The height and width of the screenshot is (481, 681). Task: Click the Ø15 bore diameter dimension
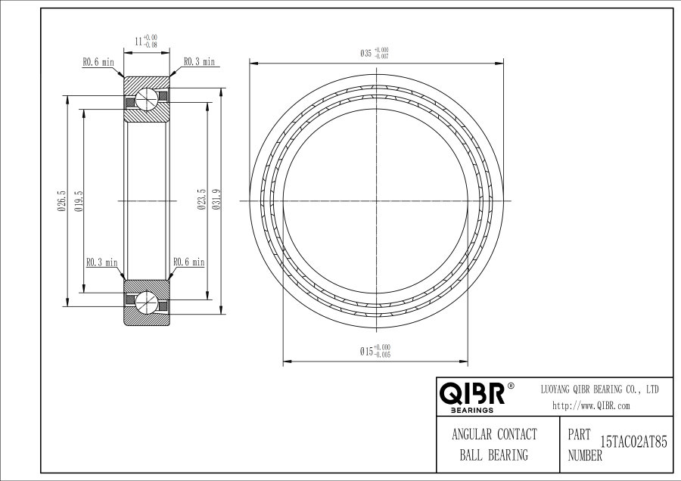click(x=375, y=351)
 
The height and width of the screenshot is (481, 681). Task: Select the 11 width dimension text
click(x=146, y=42)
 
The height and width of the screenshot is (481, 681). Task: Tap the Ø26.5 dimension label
click(x=61, y=200)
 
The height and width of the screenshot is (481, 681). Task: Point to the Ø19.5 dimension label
click(x=79, y=200)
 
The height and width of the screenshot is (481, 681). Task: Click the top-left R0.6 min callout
click(x=98, y=62)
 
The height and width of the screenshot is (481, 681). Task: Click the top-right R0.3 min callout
click(x=199, y=62)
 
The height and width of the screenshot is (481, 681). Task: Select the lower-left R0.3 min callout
click(x=102, y=262)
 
